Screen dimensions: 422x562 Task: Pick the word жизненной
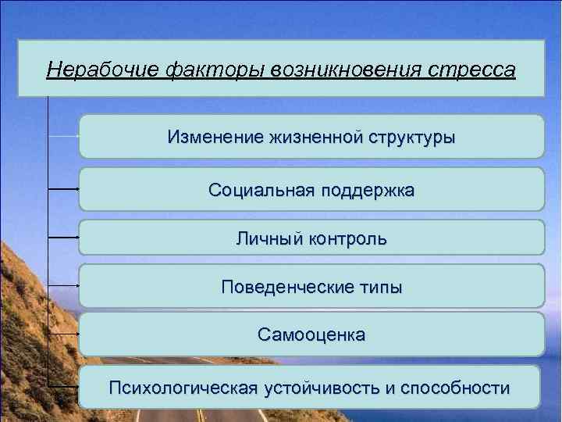pyautogui.click(x=311, y=138)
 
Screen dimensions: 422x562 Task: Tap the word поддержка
pyautogui.click(x=363, y=190)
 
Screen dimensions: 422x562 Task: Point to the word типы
pyautogui.click(x=380, y=287)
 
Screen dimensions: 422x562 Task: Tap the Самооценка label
pyautogui.click(x=311, y=335)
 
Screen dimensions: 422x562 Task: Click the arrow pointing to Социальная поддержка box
pyautogui.click(x=64, y=188)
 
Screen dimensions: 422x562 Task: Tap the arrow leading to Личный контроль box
pyautogui.click(x=64, y=234)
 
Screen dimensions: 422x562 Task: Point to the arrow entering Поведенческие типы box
pyautogui.click(x=64, y=285)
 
